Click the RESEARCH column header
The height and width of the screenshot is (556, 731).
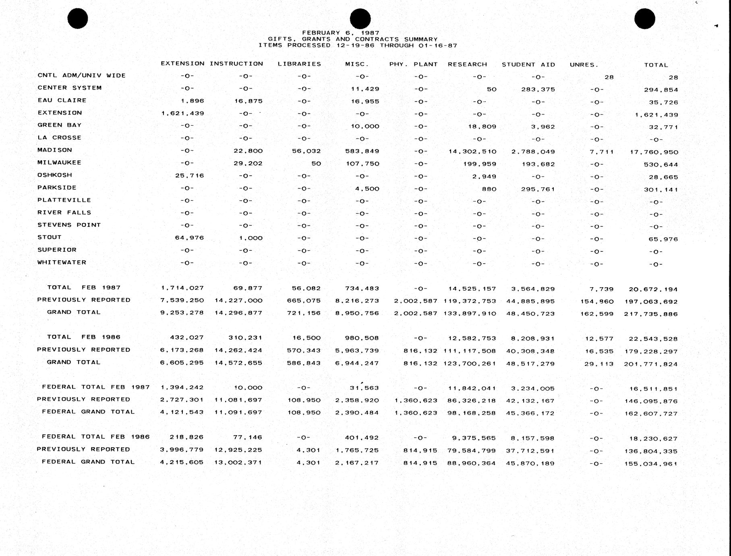(x=467, y=64)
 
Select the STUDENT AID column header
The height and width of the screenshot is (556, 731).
(x=528, y=64)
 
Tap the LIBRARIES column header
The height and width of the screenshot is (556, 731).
(x=299, y=64)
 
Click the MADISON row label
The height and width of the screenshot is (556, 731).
(x=55, y=150)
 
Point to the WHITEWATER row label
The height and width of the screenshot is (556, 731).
(x=62, y=262)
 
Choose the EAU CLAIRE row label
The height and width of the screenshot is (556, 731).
(x=62, y=100)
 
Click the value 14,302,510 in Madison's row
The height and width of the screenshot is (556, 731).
(x=472, y=152)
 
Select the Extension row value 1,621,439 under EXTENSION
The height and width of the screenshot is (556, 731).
(x=182, y=114)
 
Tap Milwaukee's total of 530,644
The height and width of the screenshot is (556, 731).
(x=661, y=165)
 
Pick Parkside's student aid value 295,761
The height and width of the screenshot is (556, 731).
(x=538, y=189)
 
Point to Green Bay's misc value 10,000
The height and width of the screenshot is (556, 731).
(x=365, y=127)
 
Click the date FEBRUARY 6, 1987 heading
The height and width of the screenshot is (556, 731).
(x=340, y=33)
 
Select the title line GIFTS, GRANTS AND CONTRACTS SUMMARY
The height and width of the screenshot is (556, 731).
(x=353, y=39)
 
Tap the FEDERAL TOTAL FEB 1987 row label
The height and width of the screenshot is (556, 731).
(x=96, y=387)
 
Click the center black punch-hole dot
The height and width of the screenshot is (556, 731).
(x=360, y=19)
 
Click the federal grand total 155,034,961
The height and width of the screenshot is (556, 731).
(x=651, y=464)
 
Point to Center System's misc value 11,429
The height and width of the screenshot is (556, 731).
(x=365, y=89)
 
